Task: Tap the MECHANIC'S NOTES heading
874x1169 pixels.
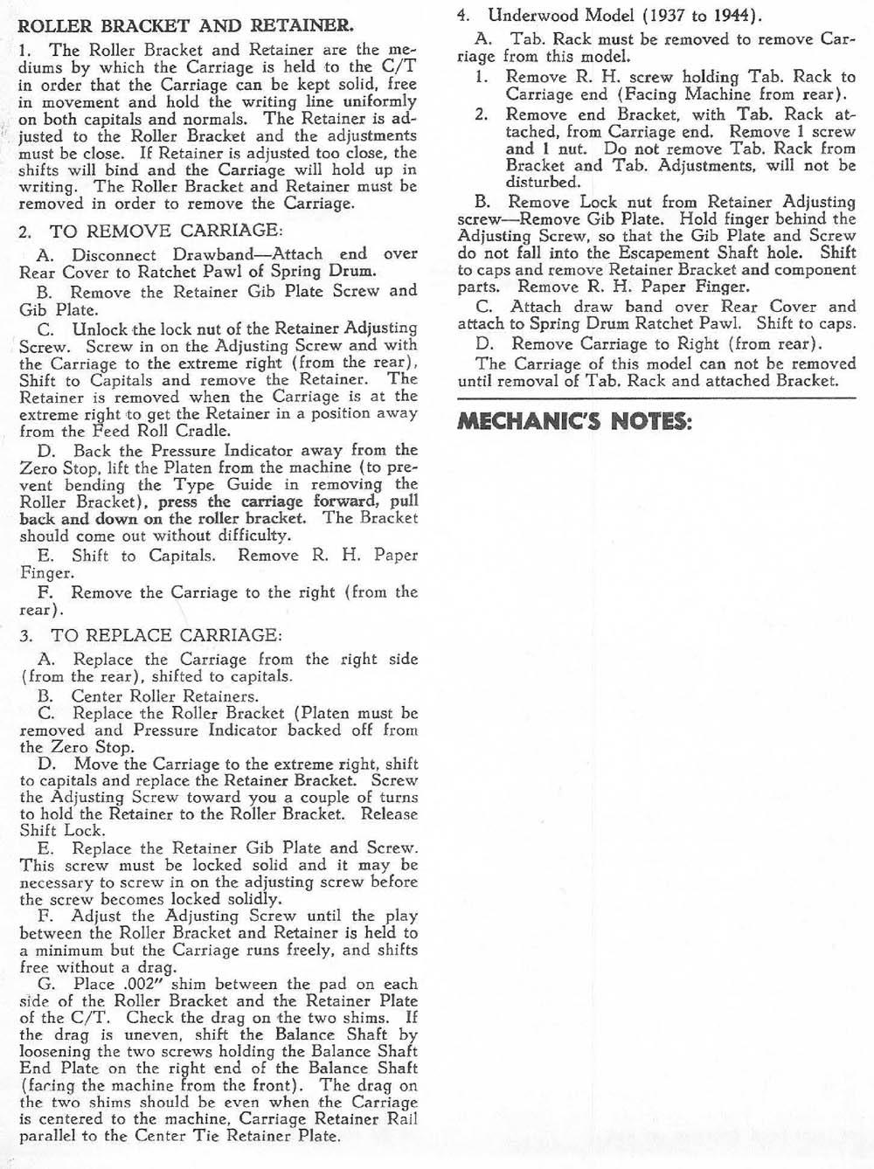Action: point(575,421)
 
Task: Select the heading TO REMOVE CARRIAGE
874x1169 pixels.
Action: point(166,232)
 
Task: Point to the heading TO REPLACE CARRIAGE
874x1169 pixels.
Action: point(166,635)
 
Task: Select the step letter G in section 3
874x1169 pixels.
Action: point(46,985)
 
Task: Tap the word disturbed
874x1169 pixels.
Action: point(543,183)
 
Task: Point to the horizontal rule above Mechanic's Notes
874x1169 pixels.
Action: point(655,399)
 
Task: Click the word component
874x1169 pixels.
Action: point(813,270)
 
